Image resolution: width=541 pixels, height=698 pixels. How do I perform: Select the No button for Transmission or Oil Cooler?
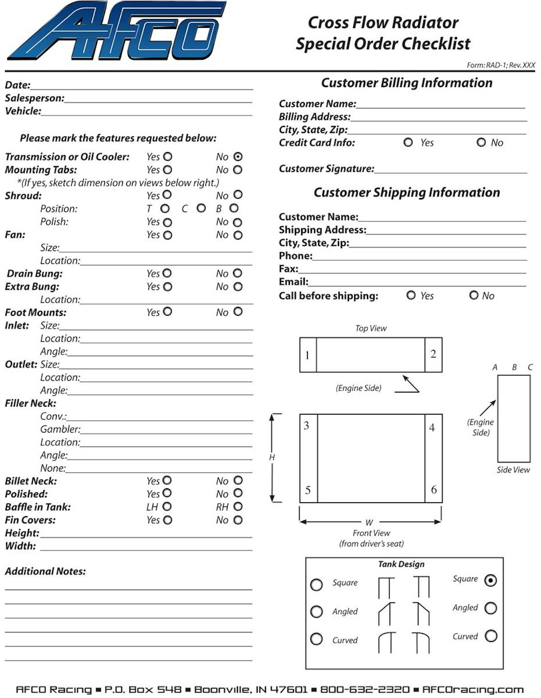click(238, 157)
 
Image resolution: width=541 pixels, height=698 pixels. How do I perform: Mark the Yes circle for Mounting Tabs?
click(168, 170)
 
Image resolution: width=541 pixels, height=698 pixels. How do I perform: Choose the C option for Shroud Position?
click(201, 208)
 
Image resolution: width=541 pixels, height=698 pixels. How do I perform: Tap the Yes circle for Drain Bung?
click(167, 273)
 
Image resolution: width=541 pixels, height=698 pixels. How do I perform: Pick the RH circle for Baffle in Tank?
click(238, 507)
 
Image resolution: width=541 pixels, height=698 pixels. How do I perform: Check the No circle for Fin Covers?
click(238, 520)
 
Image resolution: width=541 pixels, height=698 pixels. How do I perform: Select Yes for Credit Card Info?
click(408, 142)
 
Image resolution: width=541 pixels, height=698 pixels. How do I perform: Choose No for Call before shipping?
click(473, 295)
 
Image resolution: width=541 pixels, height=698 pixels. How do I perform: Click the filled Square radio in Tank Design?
click(491, 580)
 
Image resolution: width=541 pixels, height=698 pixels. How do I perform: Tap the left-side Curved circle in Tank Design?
click(316, 639)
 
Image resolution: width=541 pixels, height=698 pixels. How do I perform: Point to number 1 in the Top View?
click(307, 355)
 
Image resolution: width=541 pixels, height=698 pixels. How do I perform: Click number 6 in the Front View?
click(434, 490)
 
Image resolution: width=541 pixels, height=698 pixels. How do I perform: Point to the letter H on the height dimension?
click(272, 457)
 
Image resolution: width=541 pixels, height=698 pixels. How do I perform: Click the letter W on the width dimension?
click(369, 522)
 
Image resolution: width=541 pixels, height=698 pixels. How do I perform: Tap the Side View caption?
click(513, 470)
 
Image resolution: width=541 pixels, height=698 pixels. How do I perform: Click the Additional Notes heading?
click(45, 571)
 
